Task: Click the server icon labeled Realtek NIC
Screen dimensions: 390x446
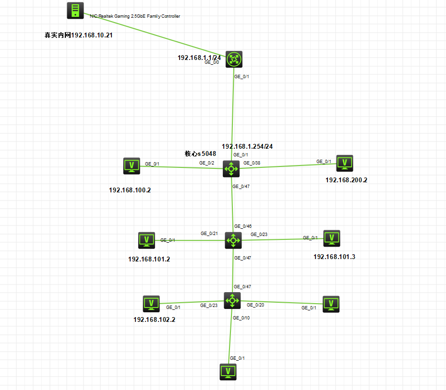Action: point(75,11)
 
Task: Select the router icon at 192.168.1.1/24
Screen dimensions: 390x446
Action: point(234,59)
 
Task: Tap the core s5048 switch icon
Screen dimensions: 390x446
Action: point(231,169)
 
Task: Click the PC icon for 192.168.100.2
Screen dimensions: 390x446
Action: point(132,166)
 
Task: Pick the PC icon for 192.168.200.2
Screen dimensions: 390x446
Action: point(344,163)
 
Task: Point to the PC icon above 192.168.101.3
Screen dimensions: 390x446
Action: point(331,238)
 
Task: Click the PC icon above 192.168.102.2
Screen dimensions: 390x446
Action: point(151,304)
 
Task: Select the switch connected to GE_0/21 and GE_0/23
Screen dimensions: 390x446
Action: point(233,240)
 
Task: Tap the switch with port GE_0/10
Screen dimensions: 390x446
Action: point(232,301)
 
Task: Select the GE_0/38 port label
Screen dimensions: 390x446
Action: point(252,163)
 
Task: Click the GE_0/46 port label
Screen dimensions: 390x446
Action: point(243,226)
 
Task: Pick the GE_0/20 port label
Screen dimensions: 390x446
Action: point(255,304)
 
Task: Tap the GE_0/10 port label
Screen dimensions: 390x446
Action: point(241,318)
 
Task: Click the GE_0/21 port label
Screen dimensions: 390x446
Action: point(209,234)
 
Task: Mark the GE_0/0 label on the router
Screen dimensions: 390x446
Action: point(212,62)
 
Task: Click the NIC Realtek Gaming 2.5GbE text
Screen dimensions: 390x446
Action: point(135,16)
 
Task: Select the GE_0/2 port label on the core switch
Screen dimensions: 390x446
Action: point(207,163)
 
